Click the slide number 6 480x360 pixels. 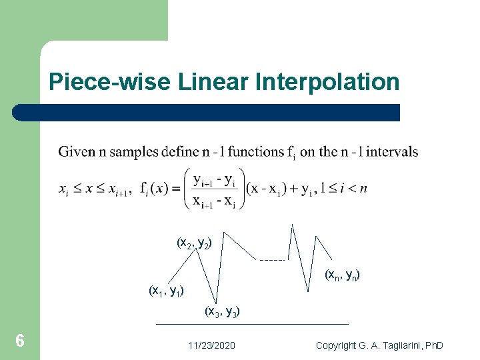pos(20,341)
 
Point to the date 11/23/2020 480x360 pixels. pos(211,345)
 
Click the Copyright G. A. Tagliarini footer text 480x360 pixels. pos(379,345)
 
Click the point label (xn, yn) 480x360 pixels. pos(343,274)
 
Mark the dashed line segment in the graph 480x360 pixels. pos(272,259)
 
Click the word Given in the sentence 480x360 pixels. pos(73,152)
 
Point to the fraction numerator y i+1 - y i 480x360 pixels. pos(212,179)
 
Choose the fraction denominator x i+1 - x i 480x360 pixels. pos(212,201)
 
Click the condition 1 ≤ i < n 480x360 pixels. pos(343,189)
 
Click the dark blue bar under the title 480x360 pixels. pos(207,112)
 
